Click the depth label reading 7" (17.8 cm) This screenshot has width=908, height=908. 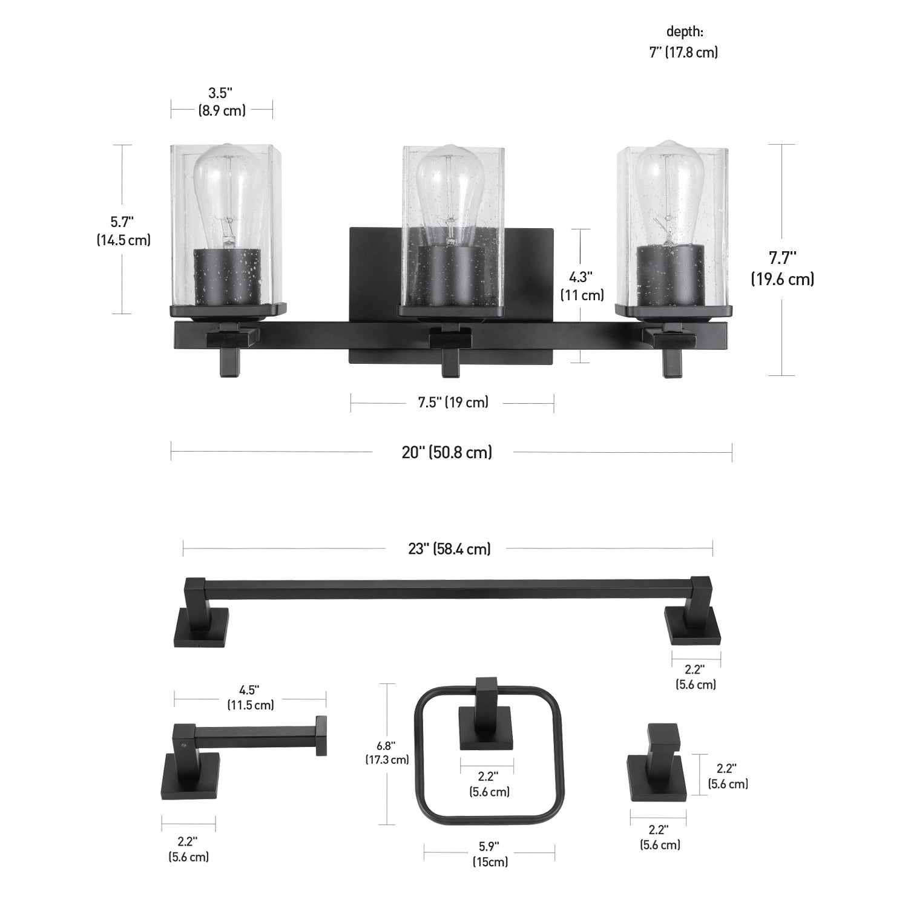pyautogui.click(x=683, y=52)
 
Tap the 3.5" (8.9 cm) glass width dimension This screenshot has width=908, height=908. pyautogui.click(x=221, y=102)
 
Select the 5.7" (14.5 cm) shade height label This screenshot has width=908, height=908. pyautogui.click(x=123, y=231)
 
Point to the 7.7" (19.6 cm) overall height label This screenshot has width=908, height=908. pyautogui.click(x=782, y=268)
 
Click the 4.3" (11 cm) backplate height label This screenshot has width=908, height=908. pyautogui.click(x=581, y=286)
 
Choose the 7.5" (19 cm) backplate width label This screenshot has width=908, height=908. pyautogui.click(x=453, y=403)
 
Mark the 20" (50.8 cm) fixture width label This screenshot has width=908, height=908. pyautogui.click(x=447, y=452)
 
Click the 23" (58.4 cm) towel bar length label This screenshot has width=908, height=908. pyautogui.click(x=449, y=548)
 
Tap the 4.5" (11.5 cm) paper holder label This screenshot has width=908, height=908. pyautogui.click(x=251, y=697)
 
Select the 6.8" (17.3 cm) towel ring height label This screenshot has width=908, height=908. pyautogui.click(x=386, y=752)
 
